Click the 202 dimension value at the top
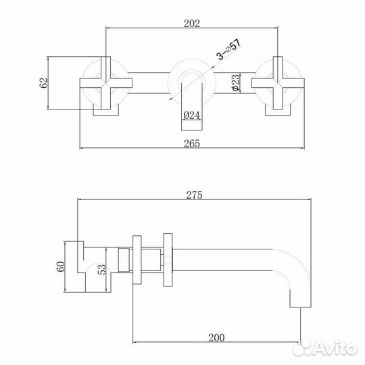[192, 23]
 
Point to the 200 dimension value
[217, 336]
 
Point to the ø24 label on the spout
[192, 116]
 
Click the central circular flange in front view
[191, 80]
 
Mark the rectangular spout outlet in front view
[192, 105]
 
